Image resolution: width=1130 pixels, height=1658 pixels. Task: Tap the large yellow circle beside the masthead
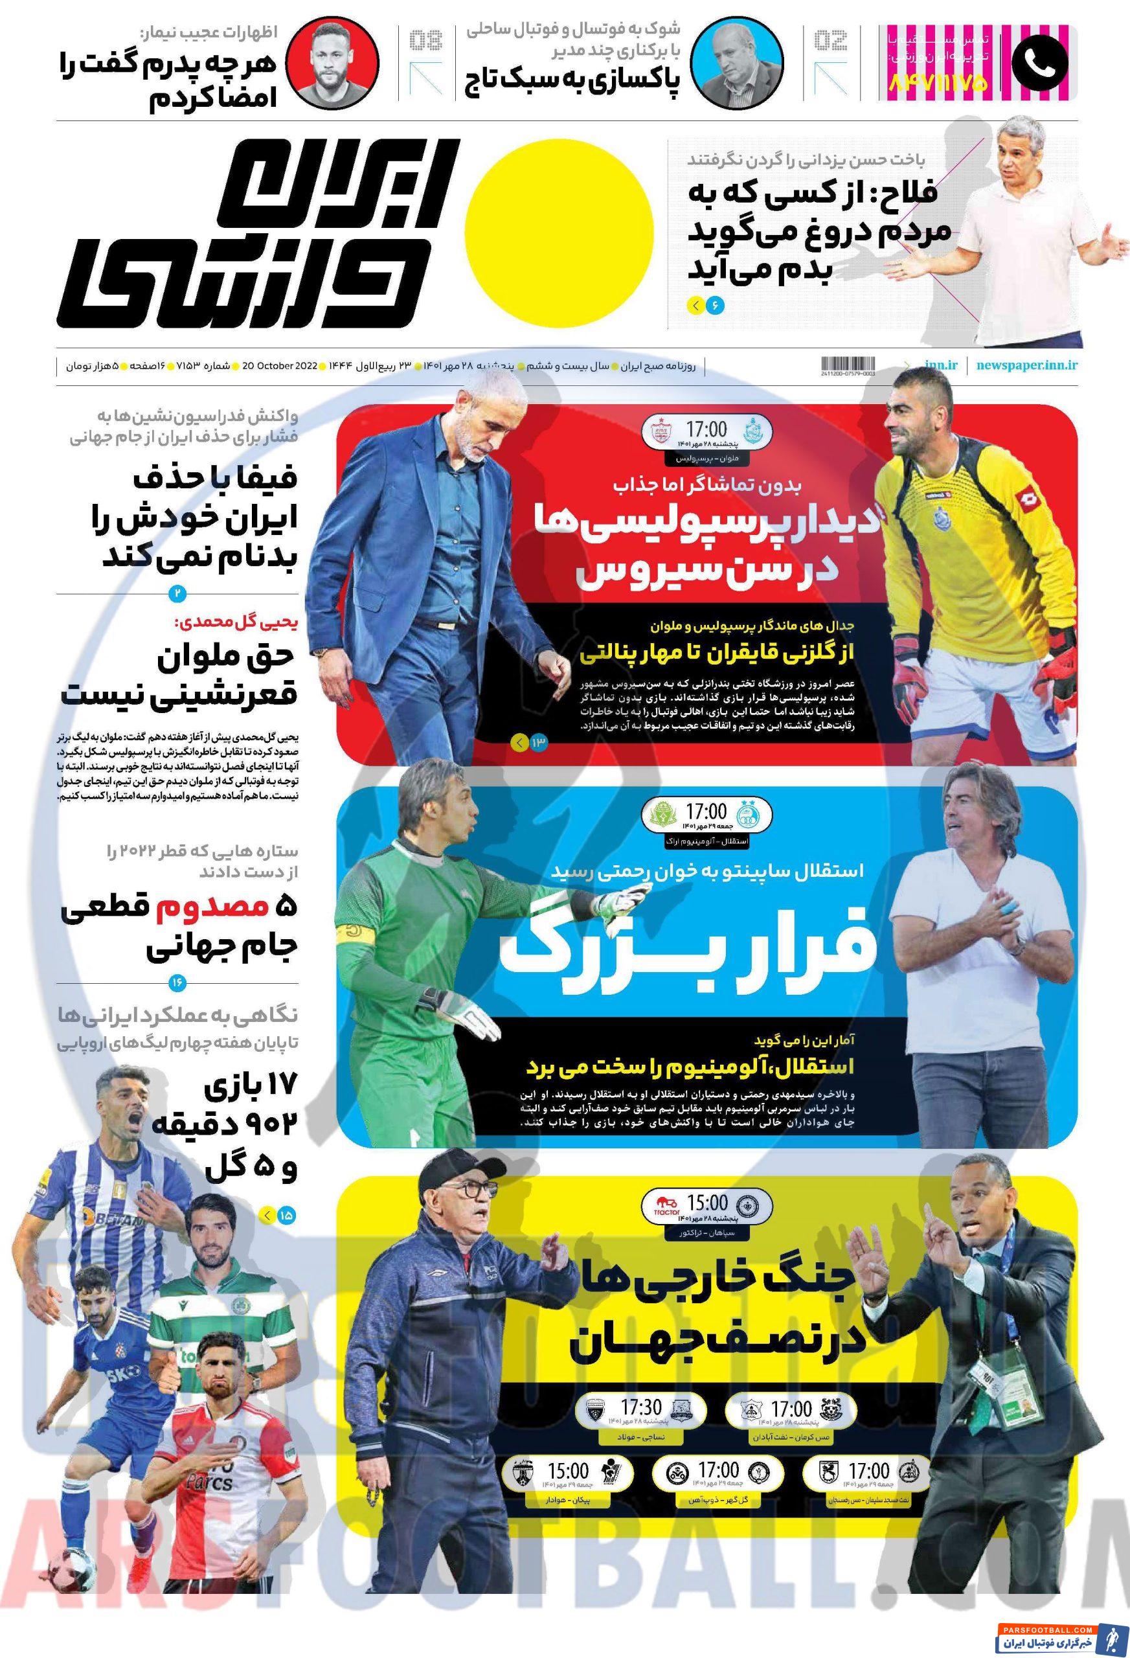(x=563, y=228)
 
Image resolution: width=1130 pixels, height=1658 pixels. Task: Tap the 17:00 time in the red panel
(x=706, y=429)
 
